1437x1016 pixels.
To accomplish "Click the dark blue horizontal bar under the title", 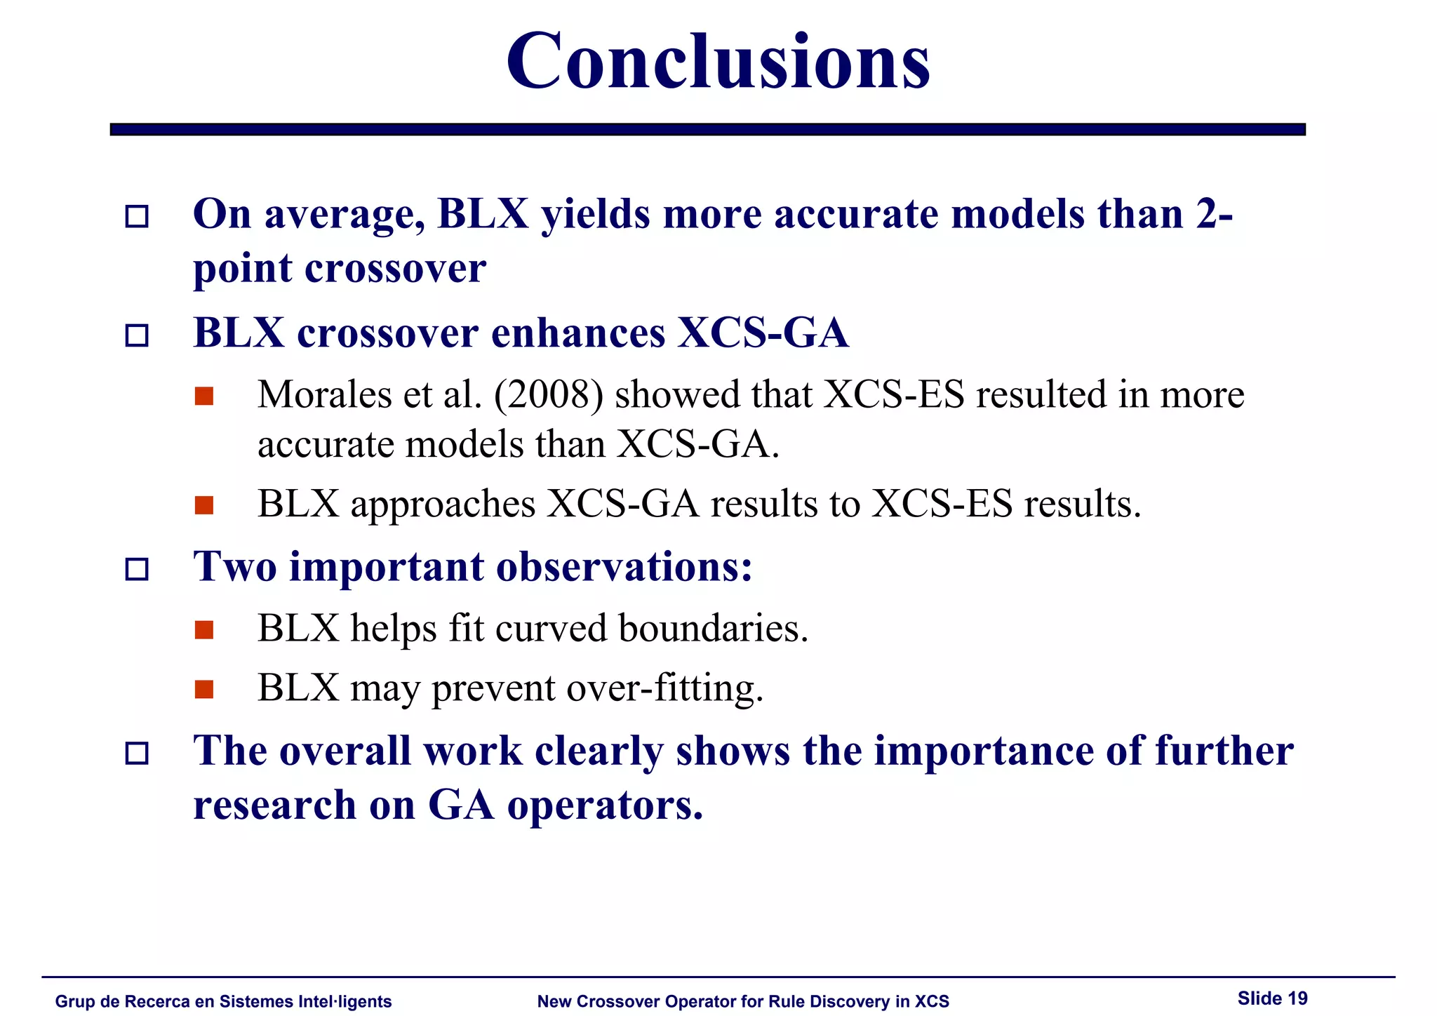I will [x=707, y=129].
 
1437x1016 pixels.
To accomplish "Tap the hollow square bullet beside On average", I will [x=137, y=216].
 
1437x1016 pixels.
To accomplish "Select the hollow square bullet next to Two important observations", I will [x=137, y=569].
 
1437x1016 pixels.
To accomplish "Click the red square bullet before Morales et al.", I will [x=204, y=396].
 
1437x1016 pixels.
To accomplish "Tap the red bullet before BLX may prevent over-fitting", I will [x=204, y=690].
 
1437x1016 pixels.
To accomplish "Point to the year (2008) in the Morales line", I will [x=548, y=394].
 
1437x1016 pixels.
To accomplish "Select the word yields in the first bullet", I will [x=595, y=214].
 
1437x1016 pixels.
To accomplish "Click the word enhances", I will [x=577, y=333].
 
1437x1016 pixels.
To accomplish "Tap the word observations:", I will [x=624, y=567].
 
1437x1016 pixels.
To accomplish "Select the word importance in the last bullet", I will [x=983, y=751].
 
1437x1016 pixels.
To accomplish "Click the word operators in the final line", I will [x=604, y=806].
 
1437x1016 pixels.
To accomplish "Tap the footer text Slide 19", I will [x=1272, y=998].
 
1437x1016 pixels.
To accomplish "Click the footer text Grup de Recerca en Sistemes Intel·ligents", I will [x=223, y=1002].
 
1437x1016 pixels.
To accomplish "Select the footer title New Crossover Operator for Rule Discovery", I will [x=742, y=1002].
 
